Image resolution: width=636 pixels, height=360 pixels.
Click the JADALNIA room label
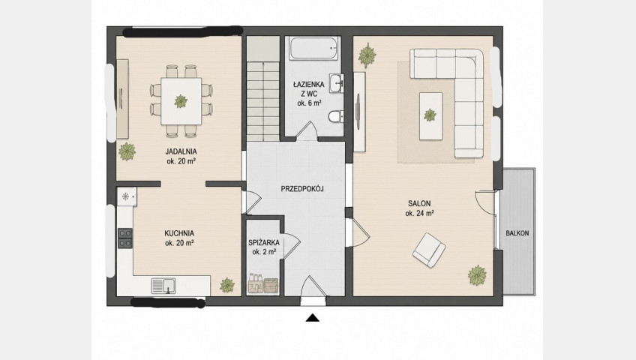(x=181, y=151)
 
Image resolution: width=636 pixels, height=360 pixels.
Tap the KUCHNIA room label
(x=179, y=233)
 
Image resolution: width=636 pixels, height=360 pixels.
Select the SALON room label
(x=419, y=203)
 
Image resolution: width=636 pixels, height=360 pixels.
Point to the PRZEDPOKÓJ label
(x=302, y=189)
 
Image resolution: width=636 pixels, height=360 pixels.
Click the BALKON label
(x=517, y=233)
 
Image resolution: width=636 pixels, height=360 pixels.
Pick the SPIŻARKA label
(x=264, y=243)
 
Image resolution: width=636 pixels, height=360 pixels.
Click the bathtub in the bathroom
(x=314, y=49)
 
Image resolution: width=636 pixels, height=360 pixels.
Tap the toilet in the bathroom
(x=336, y=117)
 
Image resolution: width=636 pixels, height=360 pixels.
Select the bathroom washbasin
(x=336, y=83)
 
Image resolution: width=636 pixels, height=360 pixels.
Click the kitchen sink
(x=163, y=286)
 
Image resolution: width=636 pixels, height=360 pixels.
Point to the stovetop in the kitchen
(x=125, y=238)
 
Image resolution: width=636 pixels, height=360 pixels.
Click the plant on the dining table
(x=181, y=101)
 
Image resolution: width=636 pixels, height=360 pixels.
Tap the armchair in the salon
(x=429, y=250)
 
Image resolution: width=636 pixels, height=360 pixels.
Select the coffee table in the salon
(x=430, y=116)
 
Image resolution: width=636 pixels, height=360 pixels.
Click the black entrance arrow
(x=312, y=317)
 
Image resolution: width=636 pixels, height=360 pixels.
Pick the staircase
(x=263, y=88)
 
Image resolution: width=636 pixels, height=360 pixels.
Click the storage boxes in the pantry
(x=263, y=283)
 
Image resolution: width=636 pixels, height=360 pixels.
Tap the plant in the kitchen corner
(x=227, y=286)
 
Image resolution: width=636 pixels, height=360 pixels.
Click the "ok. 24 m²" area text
(x=419, y=214)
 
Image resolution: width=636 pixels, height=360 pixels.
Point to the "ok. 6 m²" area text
(x=309, y=103)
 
